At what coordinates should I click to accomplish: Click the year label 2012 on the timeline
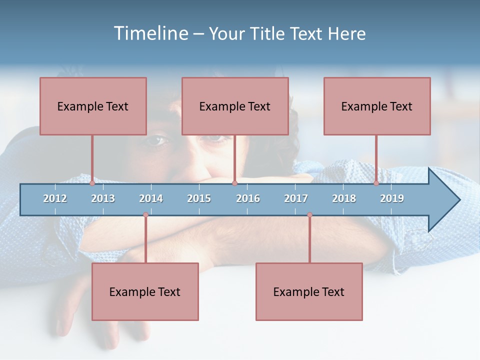[x=55, y=198]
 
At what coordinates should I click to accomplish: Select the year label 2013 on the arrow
[x=103, y=198]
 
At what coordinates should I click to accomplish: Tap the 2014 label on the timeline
[x=151, y=198]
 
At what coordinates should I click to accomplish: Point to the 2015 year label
[x=199, y=198]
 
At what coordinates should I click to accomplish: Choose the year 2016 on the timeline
[x=248, y=198]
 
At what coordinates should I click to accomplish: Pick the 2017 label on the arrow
[x=296, y=198]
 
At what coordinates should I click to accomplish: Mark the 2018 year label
[x=344, y=198]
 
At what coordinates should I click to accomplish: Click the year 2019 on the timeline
[x=392, y=198]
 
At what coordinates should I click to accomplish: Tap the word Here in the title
[x=346, y=33]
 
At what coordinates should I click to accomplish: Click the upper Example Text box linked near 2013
[x=93, y=106]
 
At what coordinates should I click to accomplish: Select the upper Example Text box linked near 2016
[x=235, y=106]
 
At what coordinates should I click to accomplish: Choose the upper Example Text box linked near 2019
[x=377, y=106]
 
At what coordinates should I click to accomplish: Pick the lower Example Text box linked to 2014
[x=145, y=291]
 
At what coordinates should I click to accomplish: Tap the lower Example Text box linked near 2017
[x=309, y=291]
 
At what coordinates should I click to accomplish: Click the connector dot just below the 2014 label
[x=145, y=215]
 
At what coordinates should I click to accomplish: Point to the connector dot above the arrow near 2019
[x=376, y=183]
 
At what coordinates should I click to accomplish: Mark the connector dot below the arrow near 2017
[x=309, y=215]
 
